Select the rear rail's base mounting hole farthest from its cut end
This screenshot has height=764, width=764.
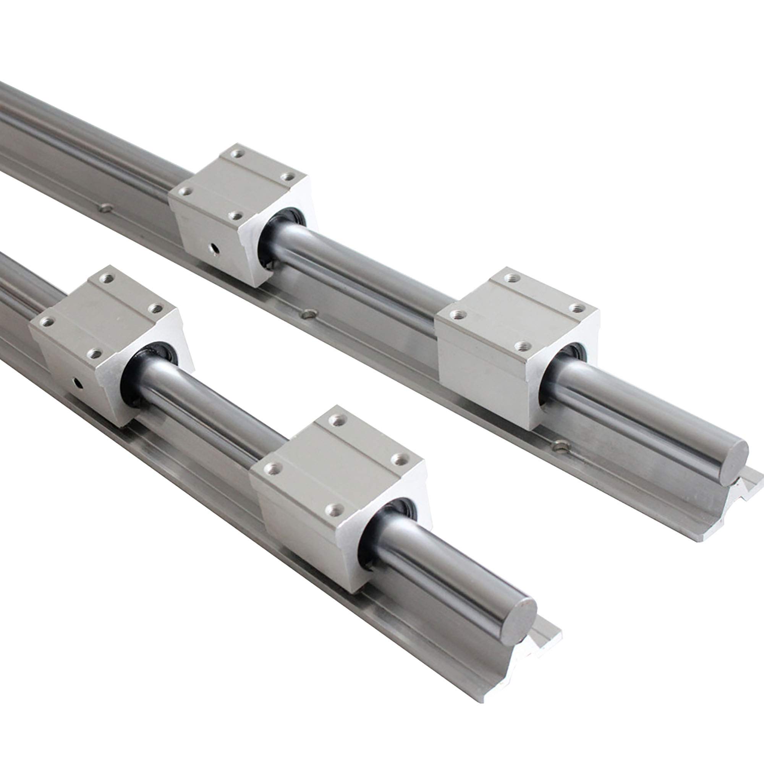[x=105, y=207]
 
